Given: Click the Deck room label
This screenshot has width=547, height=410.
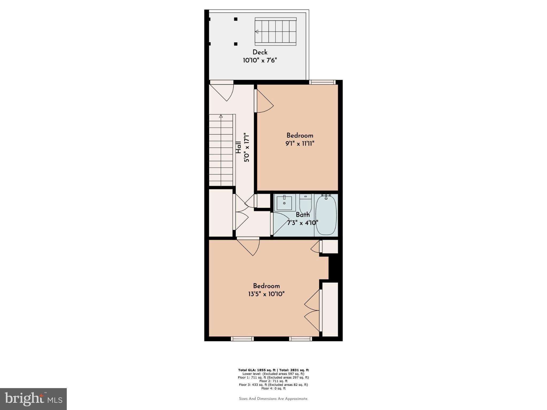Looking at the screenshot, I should coord(260,52).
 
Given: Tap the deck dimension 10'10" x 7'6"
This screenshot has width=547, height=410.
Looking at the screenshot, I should coord(260,61).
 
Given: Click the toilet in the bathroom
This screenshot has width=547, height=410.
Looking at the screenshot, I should coord(305,206).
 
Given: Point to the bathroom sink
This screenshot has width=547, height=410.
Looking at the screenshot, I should coord(284,203).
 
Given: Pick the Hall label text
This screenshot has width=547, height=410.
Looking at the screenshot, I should coord(238,147).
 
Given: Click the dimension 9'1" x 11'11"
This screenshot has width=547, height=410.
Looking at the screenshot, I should coord(300,144).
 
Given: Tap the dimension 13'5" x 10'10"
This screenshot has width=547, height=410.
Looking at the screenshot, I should coord(266,294).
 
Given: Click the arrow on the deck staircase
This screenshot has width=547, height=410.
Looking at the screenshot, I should coord(257,31).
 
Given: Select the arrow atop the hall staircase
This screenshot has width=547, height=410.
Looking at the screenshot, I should coord(221,116).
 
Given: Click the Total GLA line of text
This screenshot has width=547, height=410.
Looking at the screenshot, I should coord(273,370).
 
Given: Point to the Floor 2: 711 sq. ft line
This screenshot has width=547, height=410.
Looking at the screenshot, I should coord(273,381).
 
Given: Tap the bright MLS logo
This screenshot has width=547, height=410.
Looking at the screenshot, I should coord(33,399).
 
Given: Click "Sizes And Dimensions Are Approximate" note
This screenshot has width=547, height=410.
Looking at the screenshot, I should coord(273,399).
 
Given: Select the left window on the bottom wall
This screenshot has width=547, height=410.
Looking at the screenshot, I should coord(242,339).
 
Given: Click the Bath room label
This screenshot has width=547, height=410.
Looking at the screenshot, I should coord(303,215).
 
